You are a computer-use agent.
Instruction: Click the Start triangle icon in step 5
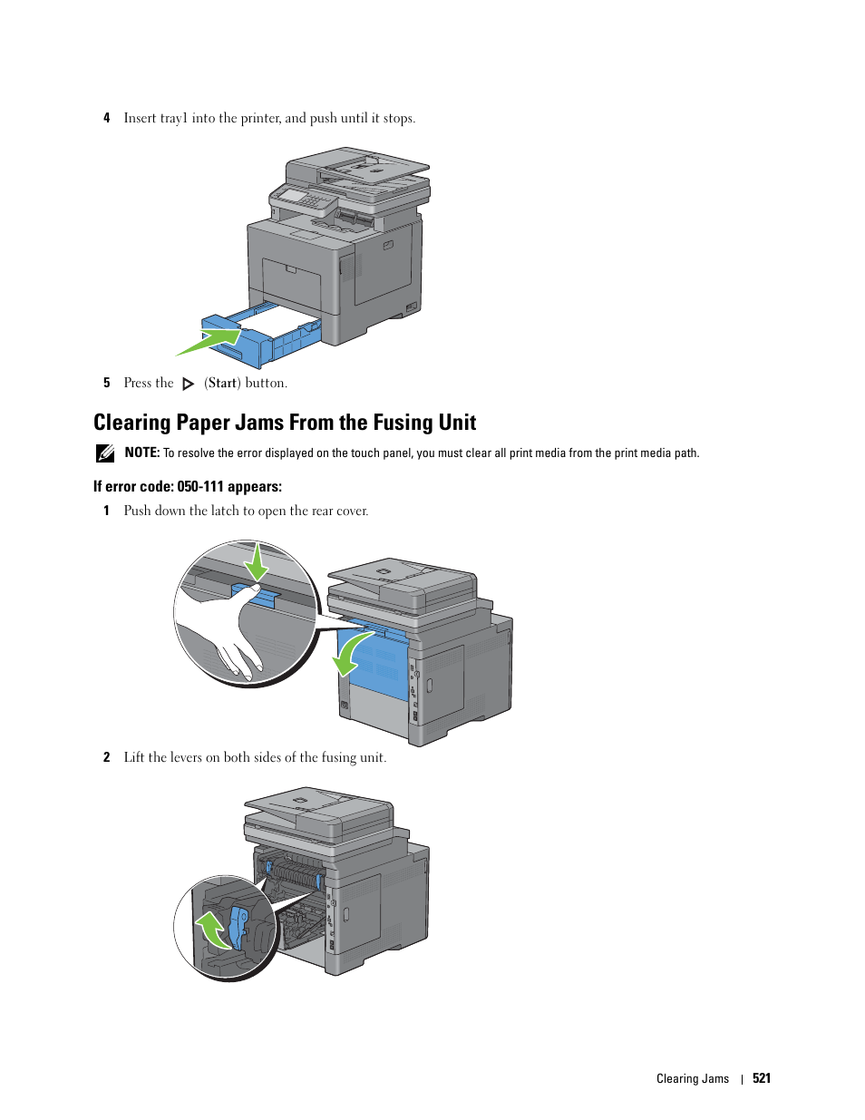click(x=189, y=384)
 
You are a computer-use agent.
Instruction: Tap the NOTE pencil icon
click(x=104, y=453)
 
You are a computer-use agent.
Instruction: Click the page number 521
click(x=762, y=1078)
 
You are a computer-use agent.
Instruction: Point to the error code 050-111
click(x=200, y=487)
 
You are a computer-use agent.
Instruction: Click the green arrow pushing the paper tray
click(x=209, y=342)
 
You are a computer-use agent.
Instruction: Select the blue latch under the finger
click(x=256, y=595)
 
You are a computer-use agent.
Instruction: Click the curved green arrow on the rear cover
click(x=351, y=655)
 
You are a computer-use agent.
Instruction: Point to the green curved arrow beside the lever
click(x=213, y=930)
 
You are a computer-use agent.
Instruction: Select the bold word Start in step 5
click(x=222, y=383)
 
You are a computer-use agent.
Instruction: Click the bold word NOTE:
click(x=142, y=453)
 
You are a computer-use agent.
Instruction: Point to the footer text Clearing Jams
click(x=693, y=1079)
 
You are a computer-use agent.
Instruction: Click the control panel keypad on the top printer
click(x=312, y=200)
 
